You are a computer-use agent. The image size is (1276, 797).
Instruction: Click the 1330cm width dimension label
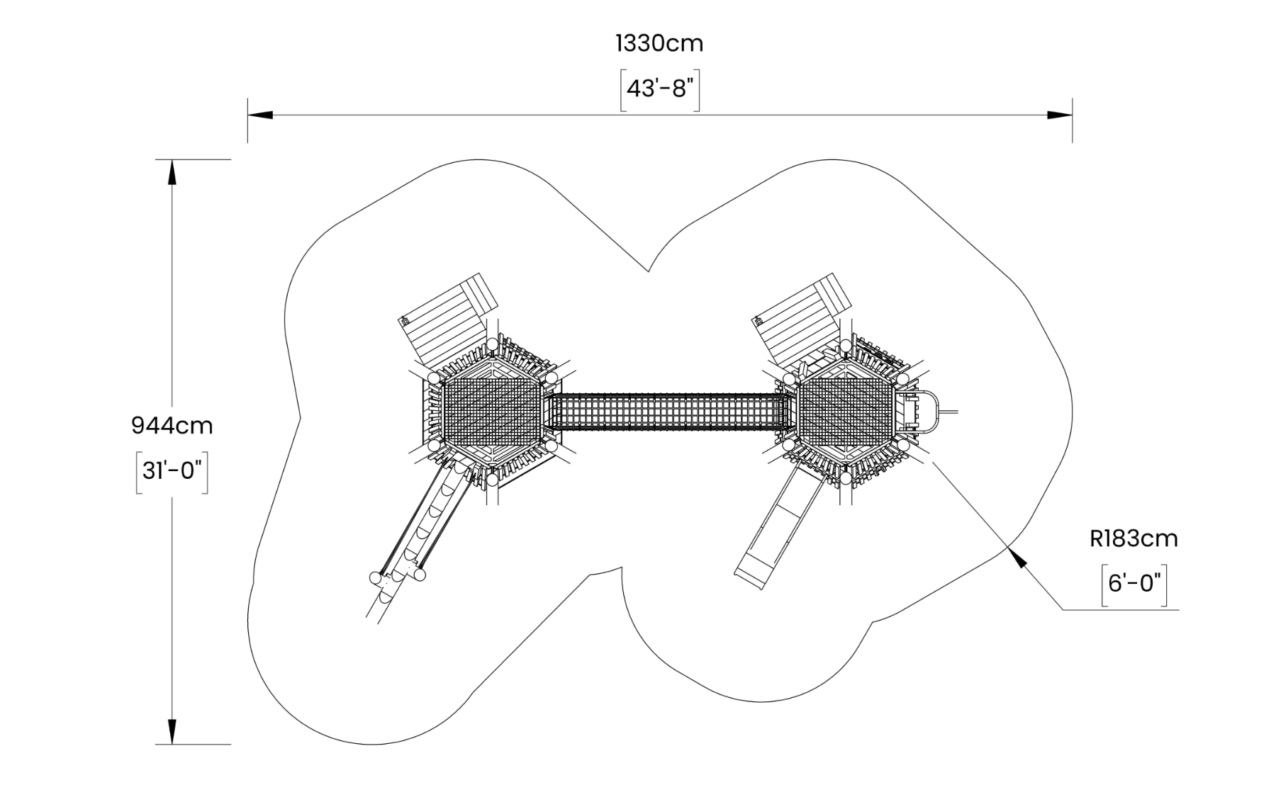(659, 43)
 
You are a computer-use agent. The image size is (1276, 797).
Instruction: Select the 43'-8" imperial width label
(660, 89)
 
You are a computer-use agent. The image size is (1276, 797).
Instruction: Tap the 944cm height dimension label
(172, 425)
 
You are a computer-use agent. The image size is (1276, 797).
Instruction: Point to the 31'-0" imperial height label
(172, 470)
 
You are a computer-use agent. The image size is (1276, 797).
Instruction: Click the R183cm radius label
(1134, 538)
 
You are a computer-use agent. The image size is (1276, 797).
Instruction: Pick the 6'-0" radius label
(1134, 584)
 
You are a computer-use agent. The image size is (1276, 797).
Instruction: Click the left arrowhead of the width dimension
(259, 115)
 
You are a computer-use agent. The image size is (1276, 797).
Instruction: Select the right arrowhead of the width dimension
(1060, 115)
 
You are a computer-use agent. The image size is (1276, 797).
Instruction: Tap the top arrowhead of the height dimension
(172, 172)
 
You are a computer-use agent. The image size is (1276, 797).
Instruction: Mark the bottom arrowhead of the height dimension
(172, 732)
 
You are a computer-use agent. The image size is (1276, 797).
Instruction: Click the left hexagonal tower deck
(492, 412)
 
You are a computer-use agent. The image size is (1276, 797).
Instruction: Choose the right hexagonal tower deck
(845, 412)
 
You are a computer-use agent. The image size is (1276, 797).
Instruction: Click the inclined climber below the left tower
(424, 524)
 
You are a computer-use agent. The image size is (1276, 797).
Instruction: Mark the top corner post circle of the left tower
(492, 344)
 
